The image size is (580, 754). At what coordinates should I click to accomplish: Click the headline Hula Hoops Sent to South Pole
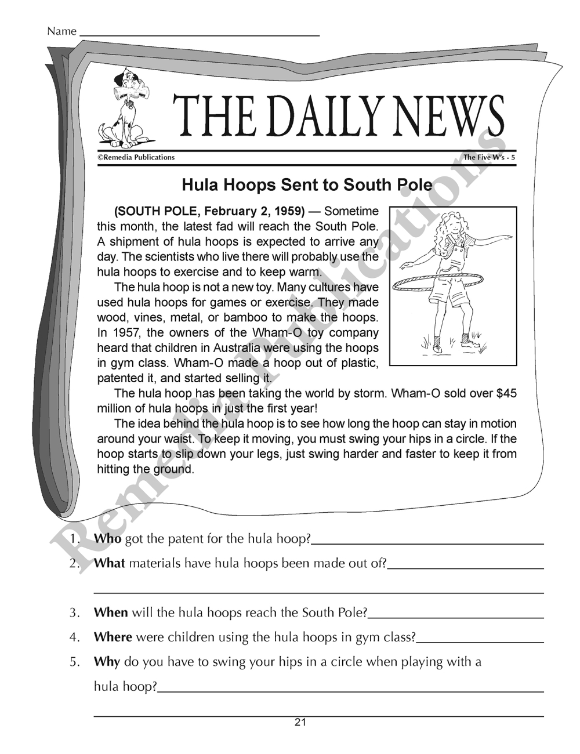[x=307, y=185]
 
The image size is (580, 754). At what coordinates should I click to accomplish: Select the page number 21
[x=300, y=723]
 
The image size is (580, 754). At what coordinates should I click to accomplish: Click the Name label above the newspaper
[x=61, y=31]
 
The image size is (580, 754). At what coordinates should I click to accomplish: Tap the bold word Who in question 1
[x=107, y=539]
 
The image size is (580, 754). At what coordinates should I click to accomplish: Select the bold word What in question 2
[x=109, y=563]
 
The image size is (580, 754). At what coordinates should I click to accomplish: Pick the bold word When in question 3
[x=111, y=612]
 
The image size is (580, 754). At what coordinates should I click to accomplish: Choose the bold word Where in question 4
[x=113, y=637]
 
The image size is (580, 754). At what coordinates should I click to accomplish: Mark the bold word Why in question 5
[x=106, y=662]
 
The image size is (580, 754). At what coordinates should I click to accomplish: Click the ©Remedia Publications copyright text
[x=136, y=157]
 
